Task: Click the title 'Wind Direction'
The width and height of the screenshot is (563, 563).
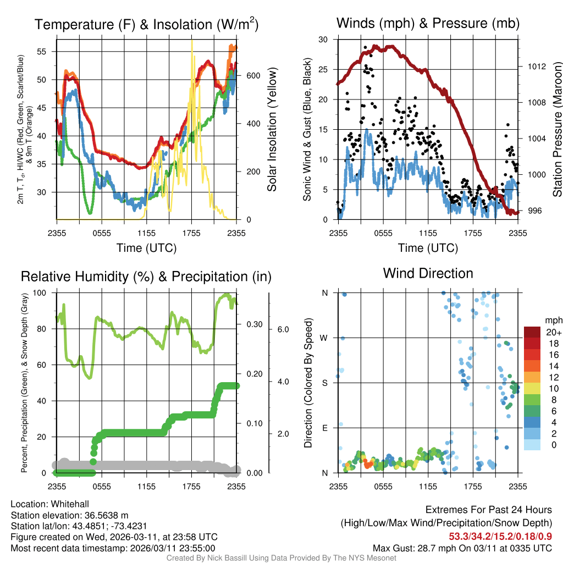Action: pyautogui.click(x=428, y=273)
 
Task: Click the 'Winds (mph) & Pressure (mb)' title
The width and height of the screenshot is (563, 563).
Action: pyautogui.click(x=428, y=23)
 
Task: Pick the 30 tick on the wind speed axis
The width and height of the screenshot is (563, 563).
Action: pyautogui.click(x=323, y=39)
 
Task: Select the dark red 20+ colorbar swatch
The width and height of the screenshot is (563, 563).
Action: pyautogui.click(x=532, y=332)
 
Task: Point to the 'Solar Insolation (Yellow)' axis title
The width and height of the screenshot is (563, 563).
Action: pyautogui.click(x=272, y=129)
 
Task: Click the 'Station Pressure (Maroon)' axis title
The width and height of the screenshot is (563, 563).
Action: pyautogui.click(x=556, y=129)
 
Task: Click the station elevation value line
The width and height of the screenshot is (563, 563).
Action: pyautogui.click(x=69, y=515)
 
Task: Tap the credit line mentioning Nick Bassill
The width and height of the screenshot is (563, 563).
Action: pyautogui.click(x=281, y=558)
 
